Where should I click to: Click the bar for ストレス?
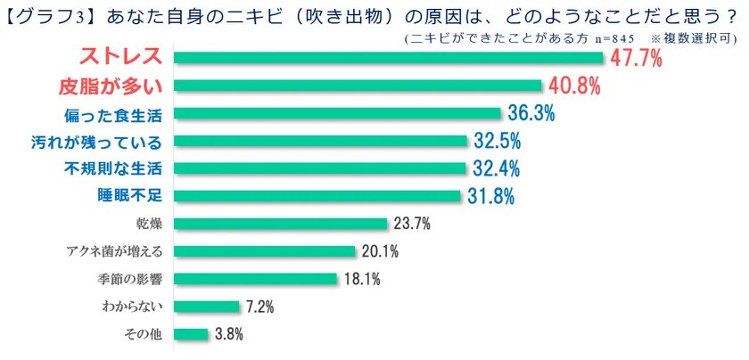point(390,58)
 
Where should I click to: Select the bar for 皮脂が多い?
point(358,86)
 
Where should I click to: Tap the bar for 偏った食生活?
point(338,113)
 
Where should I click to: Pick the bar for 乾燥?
point(281,224)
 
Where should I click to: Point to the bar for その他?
point(192,334)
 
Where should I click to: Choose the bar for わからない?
point(207,307)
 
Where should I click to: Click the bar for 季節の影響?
point(256,279)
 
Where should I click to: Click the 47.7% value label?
point(638,58)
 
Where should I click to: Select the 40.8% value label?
point(574,86)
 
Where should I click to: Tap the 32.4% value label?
point(496,168)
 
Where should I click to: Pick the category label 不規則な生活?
point(113,168)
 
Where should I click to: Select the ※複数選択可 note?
point(695,38)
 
